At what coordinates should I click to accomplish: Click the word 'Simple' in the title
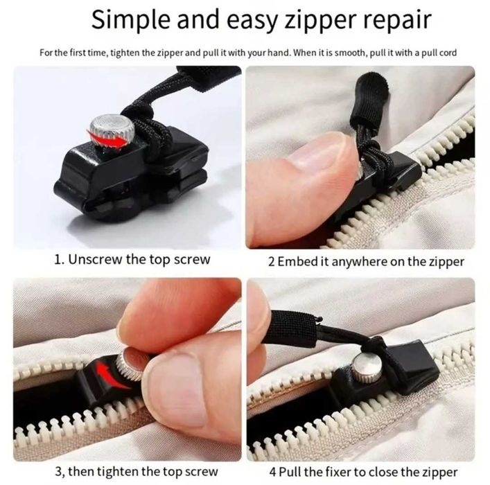132,20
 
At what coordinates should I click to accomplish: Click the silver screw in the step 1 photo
112,131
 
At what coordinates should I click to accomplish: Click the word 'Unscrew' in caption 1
95,259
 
